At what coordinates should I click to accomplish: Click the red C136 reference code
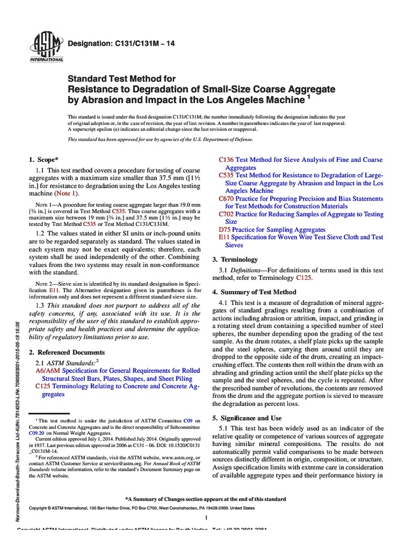pyautogui.click(x=227, y=160)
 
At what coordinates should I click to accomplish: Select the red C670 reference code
pyautogui.click(x=226, y=198)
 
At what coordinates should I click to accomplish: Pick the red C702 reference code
pyautogui.click(x=226, y=214)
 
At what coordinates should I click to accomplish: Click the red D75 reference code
pyautogui.click(x=225, y=229)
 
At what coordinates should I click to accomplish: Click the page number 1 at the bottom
pyautogui.click(x=207, y=517)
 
